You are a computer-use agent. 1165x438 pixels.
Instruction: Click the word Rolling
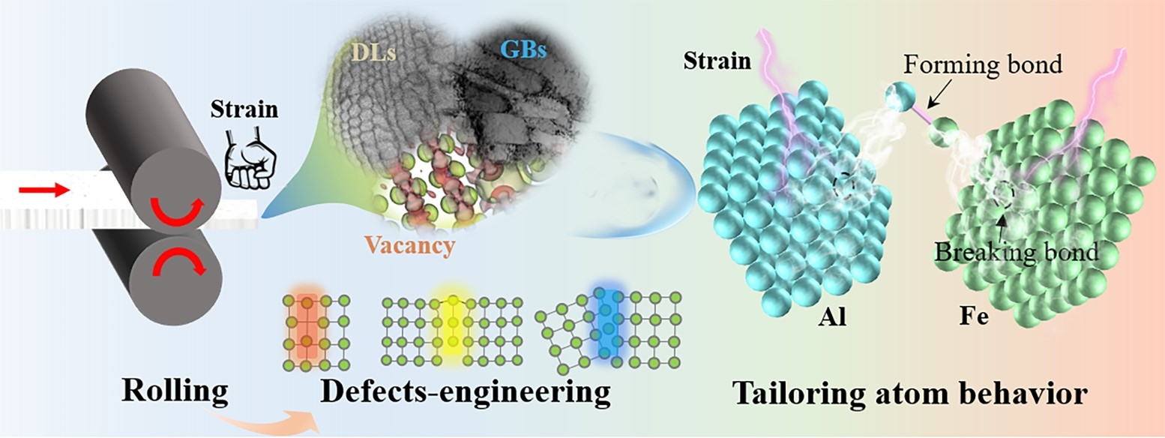click(x=175, y=391)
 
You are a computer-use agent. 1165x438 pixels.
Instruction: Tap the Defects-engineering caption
click(x=466, y=392)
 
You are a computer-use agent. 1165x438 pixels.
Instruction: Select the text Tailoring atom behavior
click(x=909, y=393)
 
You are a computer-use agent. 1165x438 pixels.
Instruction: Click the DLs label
click(x=373, y=52)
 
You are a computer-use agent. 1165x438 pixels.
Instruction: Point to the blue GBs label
click(x=523, y=49)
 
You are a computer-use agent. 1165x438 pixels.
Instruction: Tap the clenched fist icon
click(x=250, y=159)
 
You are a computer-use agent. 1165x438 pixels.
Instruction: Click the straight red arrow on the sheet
click(x=43, y=190)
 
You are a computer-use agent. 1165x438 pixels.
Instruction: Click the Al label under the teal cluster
click(x=832, y=316)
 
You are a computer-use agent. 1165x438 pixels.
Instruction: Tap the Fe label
click(x=974, y=316)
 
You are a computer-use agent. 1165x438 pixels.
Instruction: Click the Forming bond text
click(x=982, y=64)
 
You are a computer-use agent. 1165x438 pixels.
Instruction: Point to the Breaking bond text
click(x=1017, y=252)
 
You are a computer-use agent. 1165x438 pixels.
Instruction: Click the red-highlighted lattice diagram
click(x=316, y=332)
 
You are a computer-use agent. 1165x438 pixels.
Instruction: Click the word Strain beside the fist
click(x=244, y=109)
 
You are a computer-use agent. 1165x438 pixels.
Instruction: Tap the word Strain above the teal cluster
click(x=717, y=61)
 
